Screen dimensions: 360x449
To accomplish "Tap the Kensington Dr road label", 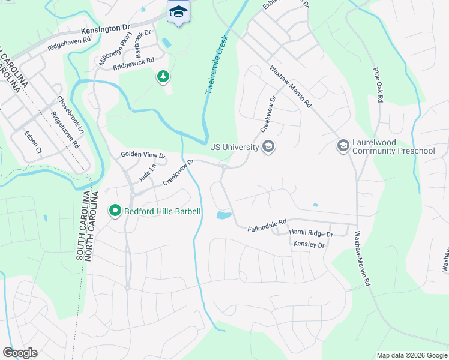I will click(106, 28).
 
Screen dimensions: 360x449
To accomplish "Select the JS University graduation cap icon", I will click(268, 146).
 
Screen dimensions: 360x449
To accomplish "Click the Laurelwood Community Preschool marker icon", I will click(343, 146).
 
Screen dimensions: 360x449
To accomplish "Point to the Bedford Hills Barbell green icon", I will click(115, 211).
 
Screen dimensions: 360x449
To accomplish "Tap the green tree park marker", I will click(163, 76).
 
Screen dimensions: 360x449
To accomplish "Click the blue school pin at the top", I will click(178, 12).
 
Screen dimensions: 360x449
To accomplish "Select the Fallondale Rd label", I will click(267, 229).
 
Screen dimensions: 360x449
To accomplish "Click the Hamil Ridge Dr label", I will click(310, 233).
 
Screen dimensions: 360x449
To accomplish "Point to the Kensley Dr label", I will click(309, 245).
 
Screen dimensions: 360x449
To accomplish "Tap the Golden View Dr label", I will click(143, 155).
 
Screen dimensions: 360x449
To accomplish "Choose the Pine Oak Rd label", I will click(378, 85).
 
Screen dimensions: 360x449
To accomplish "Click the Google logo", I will click(20, 352).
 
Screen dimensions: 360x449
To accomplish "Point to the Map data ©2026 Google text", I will click(411, 355).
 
